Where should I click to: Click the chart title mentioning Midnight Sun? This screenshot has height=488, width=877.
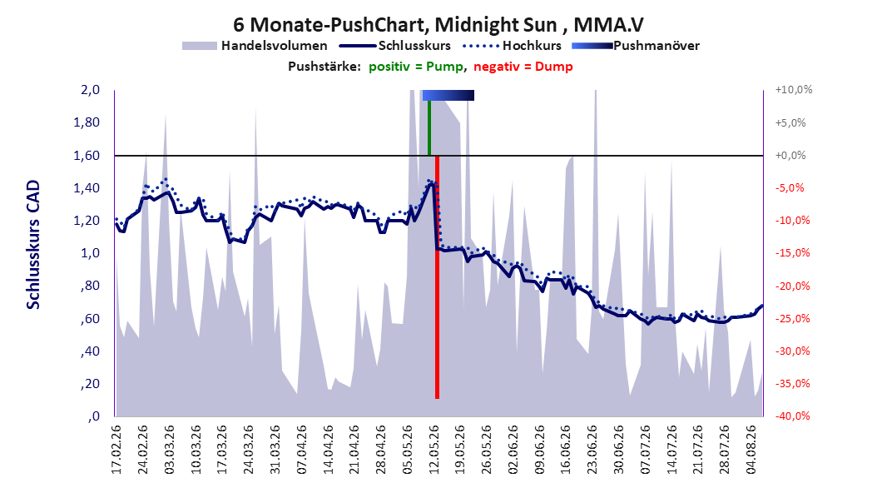click(x=438, y=25)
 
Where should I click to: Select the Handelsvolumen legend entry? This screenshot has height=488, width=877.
click(x=255, y=46)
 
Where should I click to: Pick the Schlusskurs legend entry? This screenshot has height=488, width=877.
click(x=395, y=46)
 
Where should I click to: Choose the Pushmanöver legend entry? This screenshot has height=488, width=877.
click(x=636, y=46)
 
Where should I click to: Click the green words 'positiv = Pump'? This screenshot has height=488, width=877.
click(x=415, y=67)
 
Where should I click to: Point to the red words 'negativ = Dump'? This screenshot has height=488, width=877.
click(x=523, y=67)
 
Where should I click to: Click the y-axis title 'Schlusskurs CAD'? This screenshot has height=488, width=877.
click(x=33, y=244)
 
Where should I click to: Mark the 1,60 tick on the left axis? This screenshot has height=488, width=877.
click(x=87, y=155)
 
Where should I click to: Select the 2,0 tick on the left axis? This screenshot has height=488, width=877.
click(x=90, y=90)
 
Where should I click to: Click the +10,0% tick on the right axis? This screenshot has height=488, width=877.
click(x=794, y=90)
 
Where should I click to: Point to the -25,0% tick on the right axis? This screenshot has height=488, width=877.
click(x=792, y=318)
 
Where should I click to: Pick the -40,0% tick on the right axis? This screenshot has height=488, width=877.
click(x=792, y=416)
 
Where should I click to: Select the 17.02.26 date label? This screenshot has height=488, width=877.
click(x=116, y=450)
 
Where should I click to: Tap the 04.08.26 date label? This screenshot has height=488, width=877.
click(x=751, y=450)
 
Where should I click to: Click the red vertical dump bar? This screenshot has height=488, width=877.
click(x=437, y=277)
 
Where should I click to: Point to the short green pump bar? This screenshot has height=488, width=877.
click(x=429, y=127)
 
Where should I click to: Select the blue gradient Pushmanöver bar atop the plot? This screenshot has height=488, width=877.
click(x=448, y=95)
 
